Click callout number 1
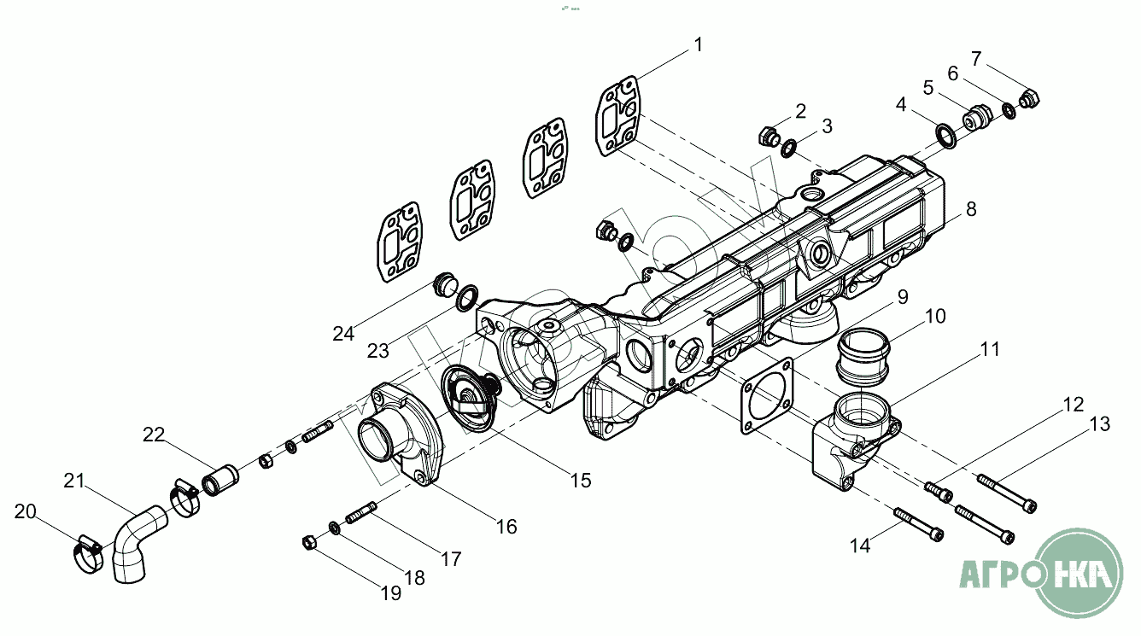pos(699,45)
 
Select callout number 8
pos(970,210)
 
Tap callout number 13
pos(1099,423)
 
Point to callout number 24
pos(343,334)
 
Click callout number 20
pos(26,512)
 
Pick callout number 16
pos(506,527)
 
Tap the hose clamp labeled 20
pos(85,552)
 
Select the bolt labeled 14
pos(919,522)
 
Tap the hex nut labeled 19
pos(311,541)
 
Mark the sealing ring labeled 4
pos(946,134)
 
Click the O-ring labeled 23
pos(466,299)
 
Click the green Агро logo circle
pos(1081,573)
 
